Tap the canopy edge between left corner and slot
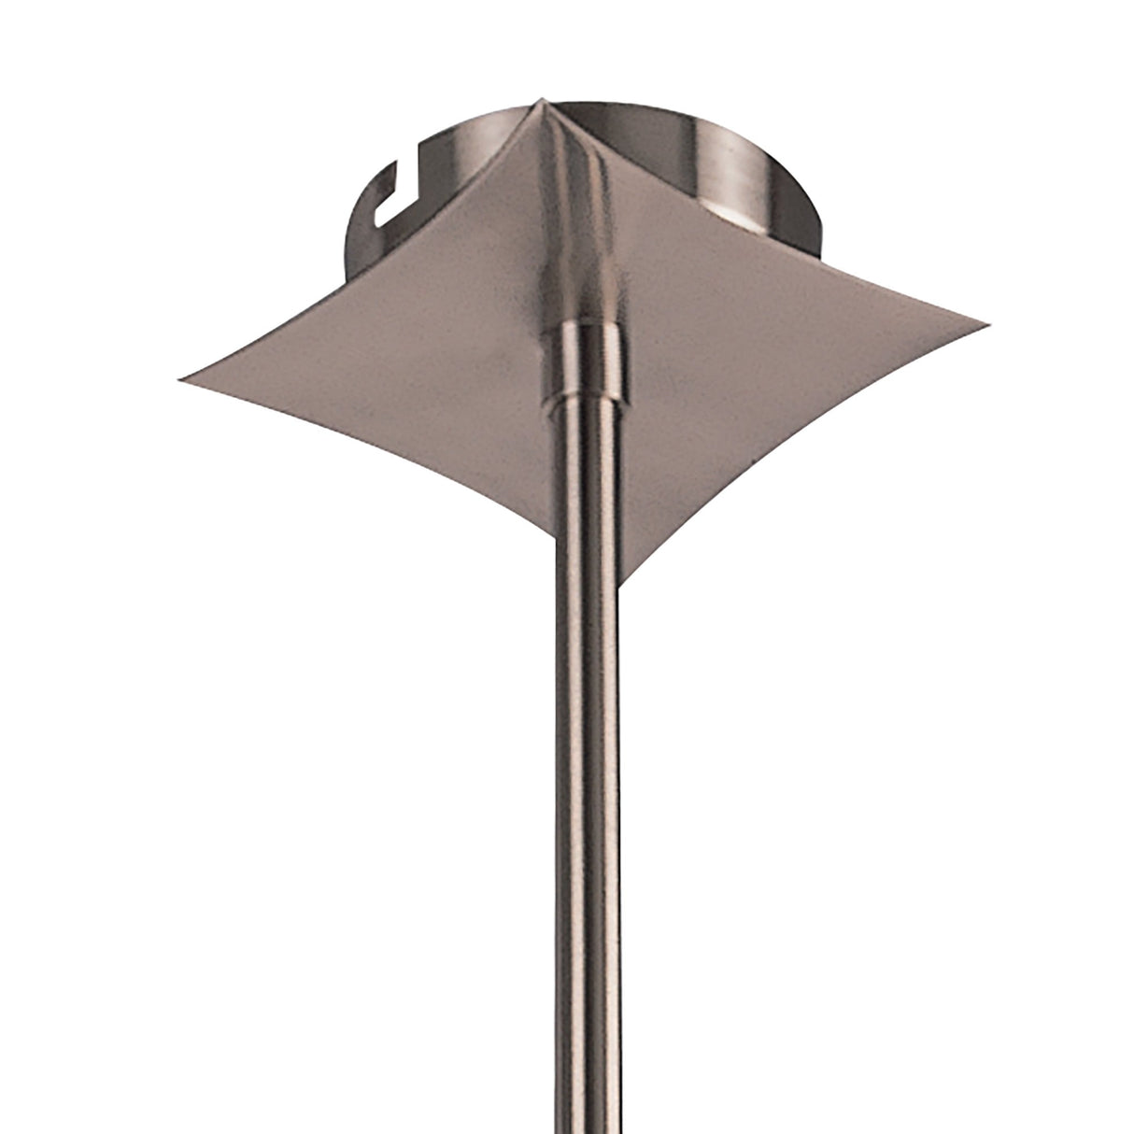[x=308, y=280]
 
